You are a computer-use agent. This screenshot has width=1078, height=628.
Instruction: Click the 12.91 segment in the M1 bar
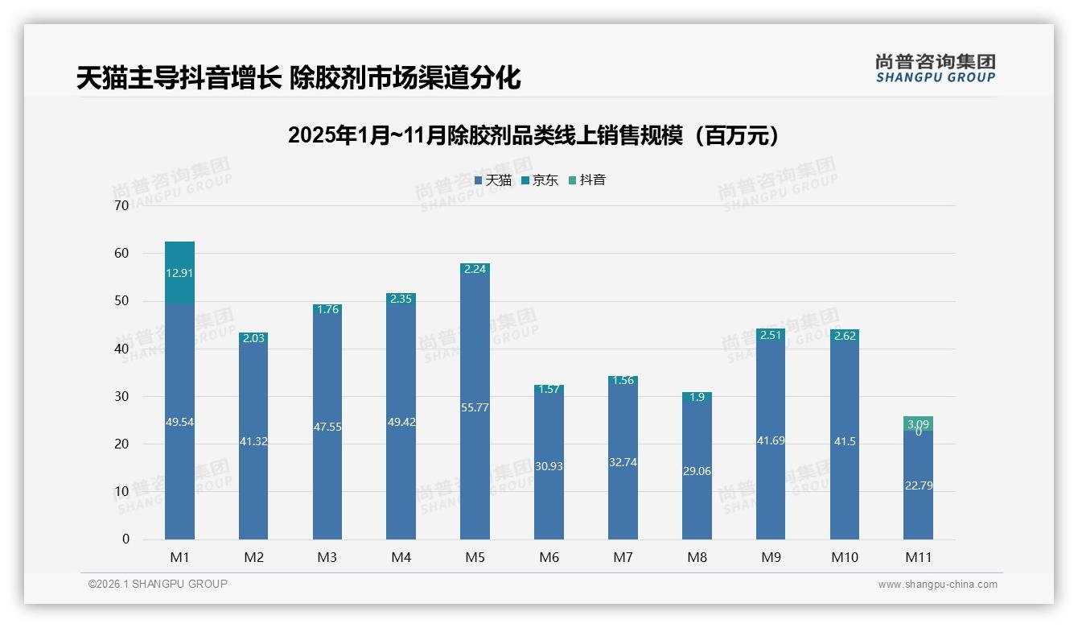click(x=179, y=273)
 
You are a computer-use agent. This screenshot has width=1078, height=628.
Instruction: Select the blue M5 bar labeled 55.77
click(x=475, y=408)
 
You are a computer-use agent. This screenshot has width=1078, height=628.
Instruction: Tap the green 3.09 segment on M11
click(x=918, y=423)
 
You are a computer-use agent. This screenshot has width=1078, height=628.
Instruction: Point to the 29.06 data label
click(x=697, y=471)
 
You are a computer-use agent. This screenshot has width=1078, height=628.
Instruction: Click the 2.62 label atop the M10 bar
click(x=844, y=336)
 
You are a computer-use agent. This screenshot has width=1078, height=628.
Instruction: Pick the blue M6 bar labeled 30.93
click(x=549, y=466)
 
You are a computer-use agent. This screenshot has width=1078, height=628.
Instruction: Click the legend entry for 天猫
click(x=493, y=180)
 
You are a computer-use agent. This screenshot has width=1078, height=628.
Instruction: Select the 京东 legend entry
click(x=540, y=180)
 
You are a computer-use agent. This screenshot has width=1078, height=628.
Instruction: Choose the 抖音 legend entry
click(x=587, y=180)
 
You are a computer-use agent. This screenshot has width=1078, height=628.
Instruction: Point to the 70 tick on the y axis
click(x=121, y=205)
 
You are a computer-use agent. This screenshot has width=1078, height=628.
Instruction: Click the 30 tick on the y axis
click(x=121, y=396)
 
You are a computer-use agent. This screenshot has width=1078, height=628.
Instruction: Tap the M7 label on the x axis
click(x=623, y=557)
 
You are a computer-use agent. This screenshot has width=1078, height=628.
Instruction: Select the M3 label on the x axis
click(x=327, y=557)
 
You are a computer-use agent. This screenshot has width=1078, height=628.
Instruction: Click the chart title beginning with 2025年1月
click(x=533, y=135)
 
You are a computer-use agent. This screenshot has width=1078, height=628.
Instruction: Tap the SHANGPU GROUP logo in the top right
click(x=935, y=68)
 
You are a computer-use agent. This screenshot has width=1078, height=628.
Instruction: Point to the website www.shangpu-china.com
click(x=937, y=585)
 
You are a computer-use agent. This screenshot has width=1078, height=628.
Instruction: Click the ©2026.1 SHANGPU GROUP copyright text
click(x=158, y=584)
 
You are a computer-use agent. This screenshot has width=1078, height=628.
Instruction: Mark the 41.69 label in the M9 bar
click(x=771, y=440)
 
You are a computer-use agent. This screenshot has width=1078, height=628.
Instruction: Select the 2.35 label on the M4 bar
click(x=401, y=299)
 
